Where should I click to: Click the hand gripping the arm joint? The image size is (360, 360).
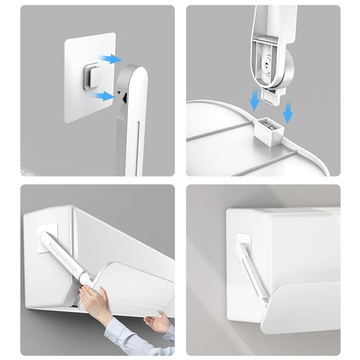pos(94,297)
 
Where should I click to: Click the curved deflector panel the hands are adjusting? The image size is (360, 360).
pos(135,288)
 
